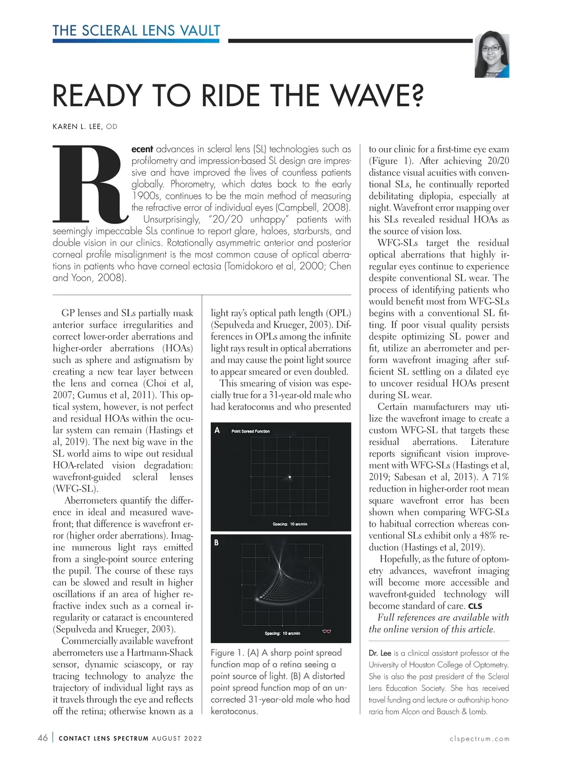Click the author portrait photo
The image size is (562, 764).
point(492,56)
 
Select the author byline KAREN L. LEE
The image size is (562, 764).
point(78,126)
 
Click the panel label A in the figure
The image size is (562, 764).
point(217,430)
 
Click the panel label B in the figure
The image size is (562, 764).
point(216,542)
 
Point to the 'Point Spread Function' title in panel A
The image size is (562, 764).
point(251,431)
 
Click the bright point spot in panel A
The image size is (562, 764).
point(290,477)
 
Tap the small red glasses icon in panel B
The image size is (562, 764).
point(327,632)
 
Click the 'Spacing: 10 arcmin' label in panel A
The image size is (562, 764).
point(290,524)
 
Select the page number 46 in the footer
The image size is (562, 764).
point(43,738)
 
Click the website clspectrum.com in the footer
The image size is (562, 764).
point(479,739)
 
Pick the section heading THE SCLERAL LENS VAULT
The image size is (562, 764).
point(136,31)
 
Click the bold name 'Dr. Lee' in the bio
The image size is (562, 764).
point(379,653)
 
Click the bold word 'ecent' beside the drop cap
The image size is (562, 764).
point(142,149)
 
